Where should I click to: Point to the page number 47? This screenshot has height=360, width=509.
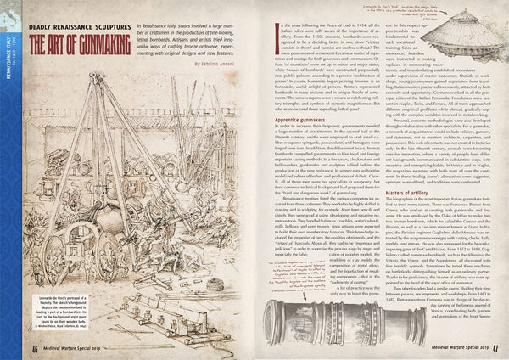[500, 347]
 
